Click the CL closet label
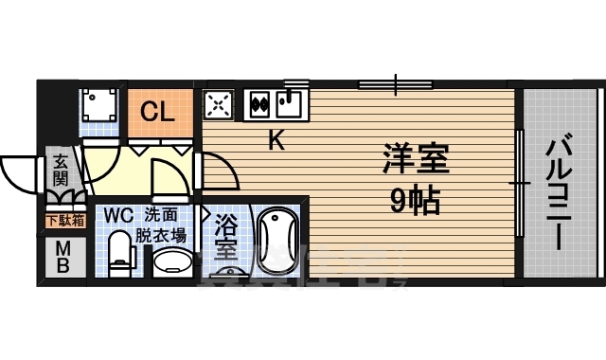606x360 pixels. pyautogui.click(x=157, y=112)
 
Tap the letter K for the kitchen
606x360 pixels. pyautogui.click(x=276, y=141)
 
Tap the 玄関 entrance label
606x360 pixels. pyautogui.click(x=61, y=171)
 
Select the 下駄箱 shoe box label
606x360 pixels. pyautogui.click(x=64, y=221)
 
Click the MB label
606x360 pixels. pyautogui.click(x=62, y=257)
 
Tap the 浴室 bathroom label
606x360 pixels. pyautogui.click(x=226, y=239)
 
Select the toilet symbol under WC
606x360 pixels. pyautogui.click(x=119, y=256)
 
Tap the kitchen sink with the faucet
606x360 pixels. pyautogui.click(x=291, y=101)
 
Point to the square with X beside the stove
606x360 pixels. pyautogui.click(x=220, y=103)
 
